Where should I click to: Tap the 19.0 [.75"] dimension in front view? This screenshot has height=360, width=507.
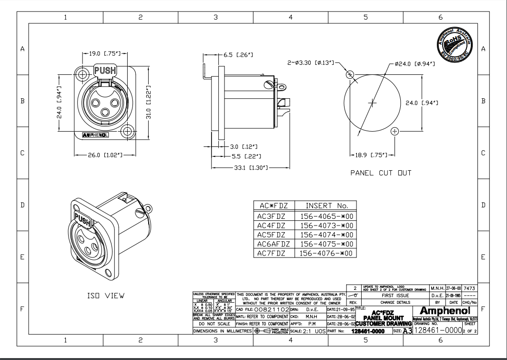[x=104, y=53]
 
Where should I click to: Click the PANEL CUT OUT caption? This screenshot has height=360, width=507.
[x=381, y=173]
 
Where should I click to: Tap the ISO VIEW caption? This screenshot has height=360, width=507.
[x=105, y=296]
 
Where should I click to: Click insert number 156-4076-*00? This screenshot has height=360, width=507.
[x=326, y=253]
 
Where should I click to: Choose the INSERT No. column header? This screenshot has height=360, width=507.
[x=326, y=206]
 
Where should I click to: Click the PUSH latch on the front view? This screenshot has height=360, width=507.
[x=104, y=71]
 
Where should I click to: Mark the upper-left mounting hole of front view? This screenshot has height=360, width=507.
[x=84, y=74]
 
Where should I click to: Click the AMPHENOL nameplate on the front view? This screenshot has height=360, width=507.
[x=95, y=135]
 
